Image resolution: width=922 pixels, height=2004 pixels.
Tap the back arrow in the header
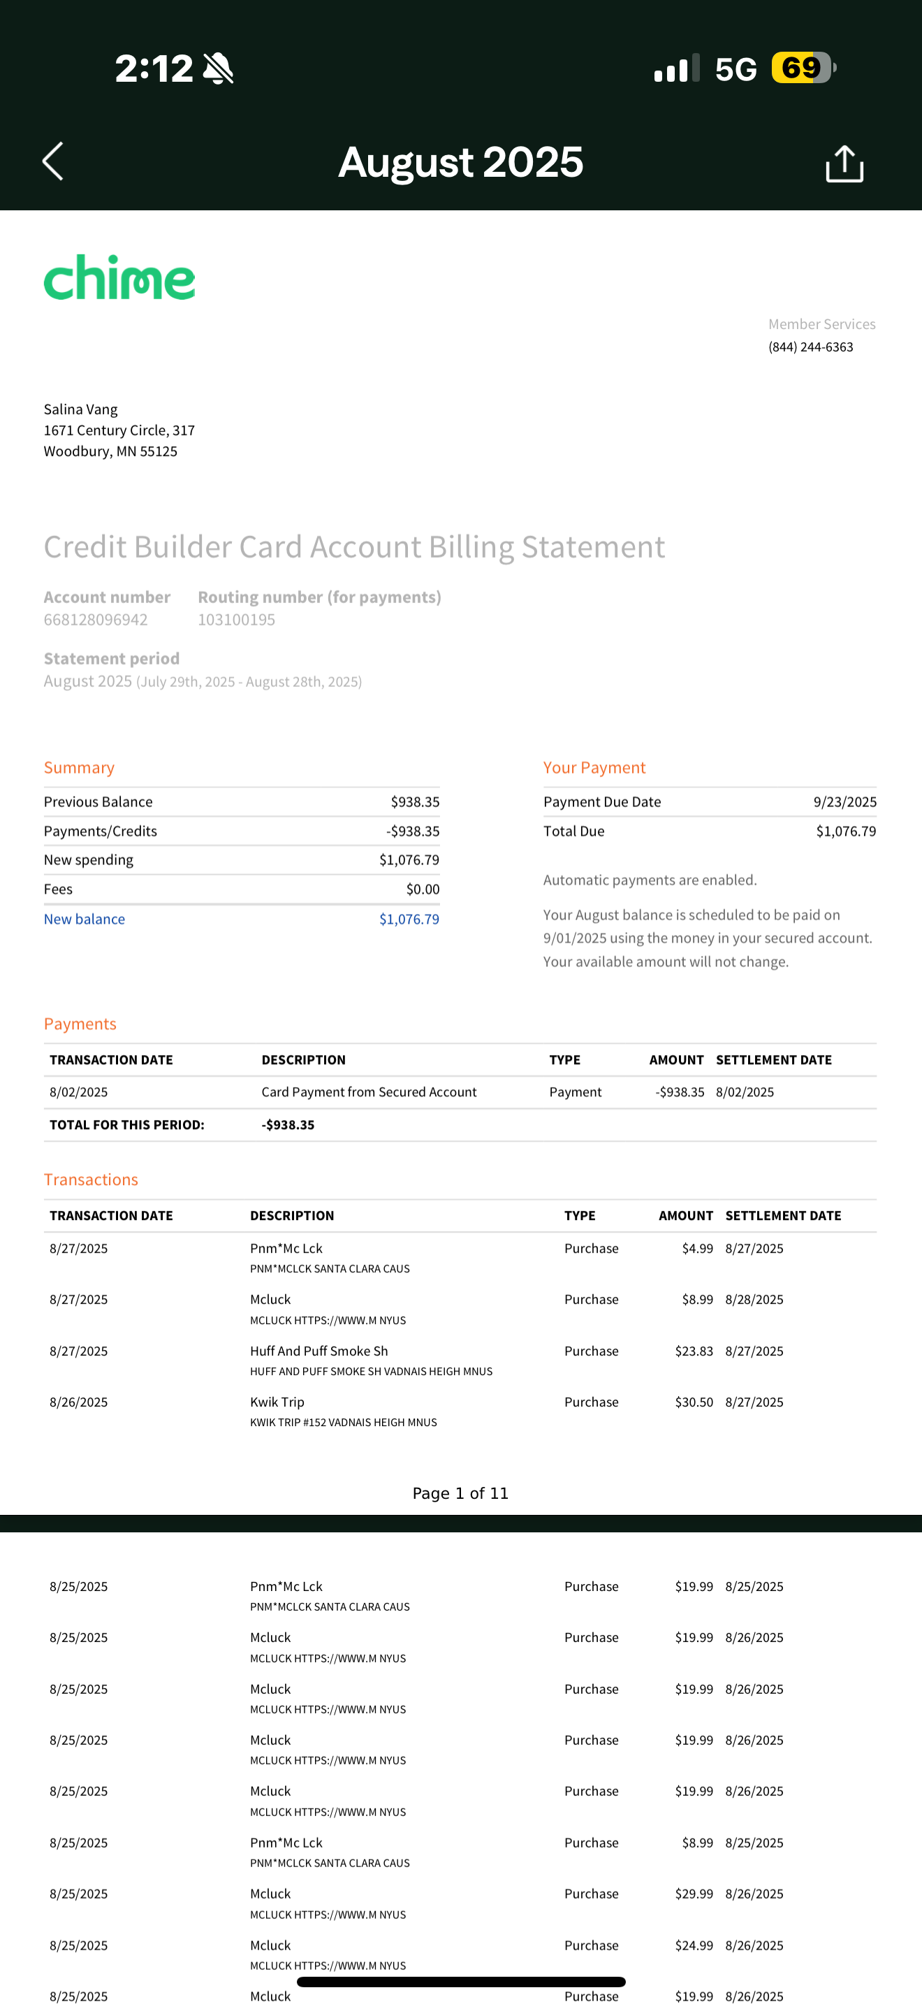tap(53, 162)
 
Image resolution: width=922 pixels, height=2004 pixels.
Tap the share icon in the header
tap(844, 164)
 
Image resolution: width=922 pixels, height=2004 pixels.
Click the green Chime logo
tap(119, 277)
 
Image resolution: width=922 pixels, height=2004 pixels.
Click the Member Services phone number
tap(810, 347)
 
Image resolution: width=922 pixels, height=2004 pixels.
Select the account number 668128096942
tap(96, 620)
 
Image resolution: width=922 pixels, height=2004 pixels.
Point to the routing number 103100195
tap(236, 620)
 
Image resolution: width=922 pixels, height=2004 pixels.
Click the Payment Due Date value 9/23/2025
tap(844, 802)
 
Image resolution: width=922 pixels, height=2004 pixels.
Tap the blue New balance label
tap(84, 919)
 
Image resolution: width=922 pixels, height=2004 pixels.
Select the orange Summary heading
tap(78, 768)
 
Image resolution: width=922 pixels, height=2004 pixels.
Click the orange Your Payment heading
tap(594, 768)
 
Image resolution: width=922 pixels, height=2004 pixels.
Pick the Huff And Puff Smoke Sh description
tap(319, 1351)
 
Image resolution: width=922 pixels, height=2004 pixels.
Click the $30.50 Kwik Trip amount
tap(694, 1402)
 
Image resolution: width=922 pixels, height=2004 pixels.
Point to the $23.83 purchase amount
tap(694, 1351)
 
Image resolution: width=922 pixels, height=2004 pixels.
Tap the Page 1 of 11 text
tap(460, 1493)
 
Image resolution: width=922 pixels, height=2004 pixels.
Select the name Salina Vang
tap(81, 409)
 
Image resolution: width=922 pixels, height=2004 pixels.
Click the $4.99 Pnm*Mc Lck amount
tap(696, 1249)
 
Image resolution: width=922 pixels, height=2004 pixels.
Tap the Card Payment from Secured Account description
tap(369, 1092)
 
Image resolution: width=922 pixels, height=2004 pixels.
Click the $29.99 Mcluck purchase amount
tap(694, 1894)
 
